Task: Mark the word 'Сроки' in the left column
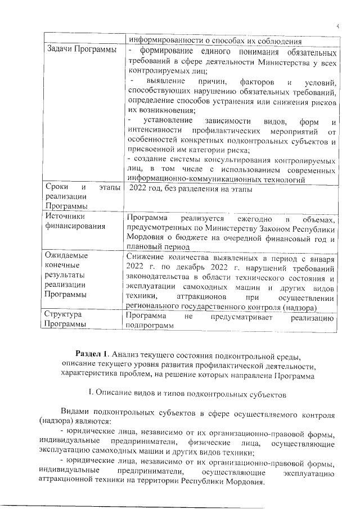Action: click(x=59, y=187)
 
